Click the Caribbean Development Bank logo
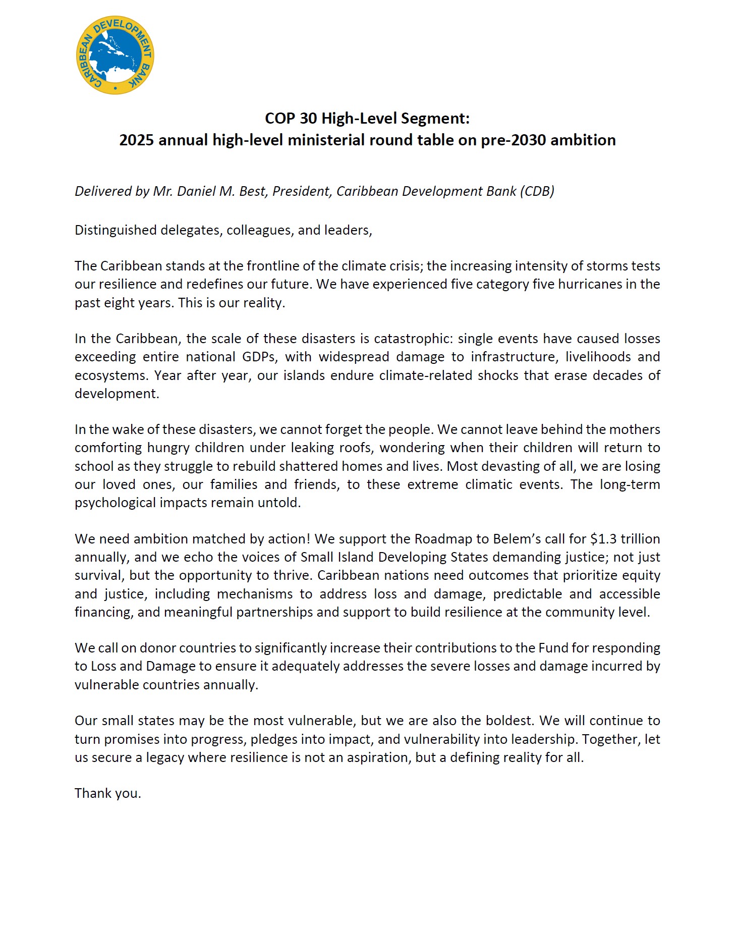click(x=115, y=55)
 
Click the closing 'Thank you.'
click(x=108, y=794)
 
